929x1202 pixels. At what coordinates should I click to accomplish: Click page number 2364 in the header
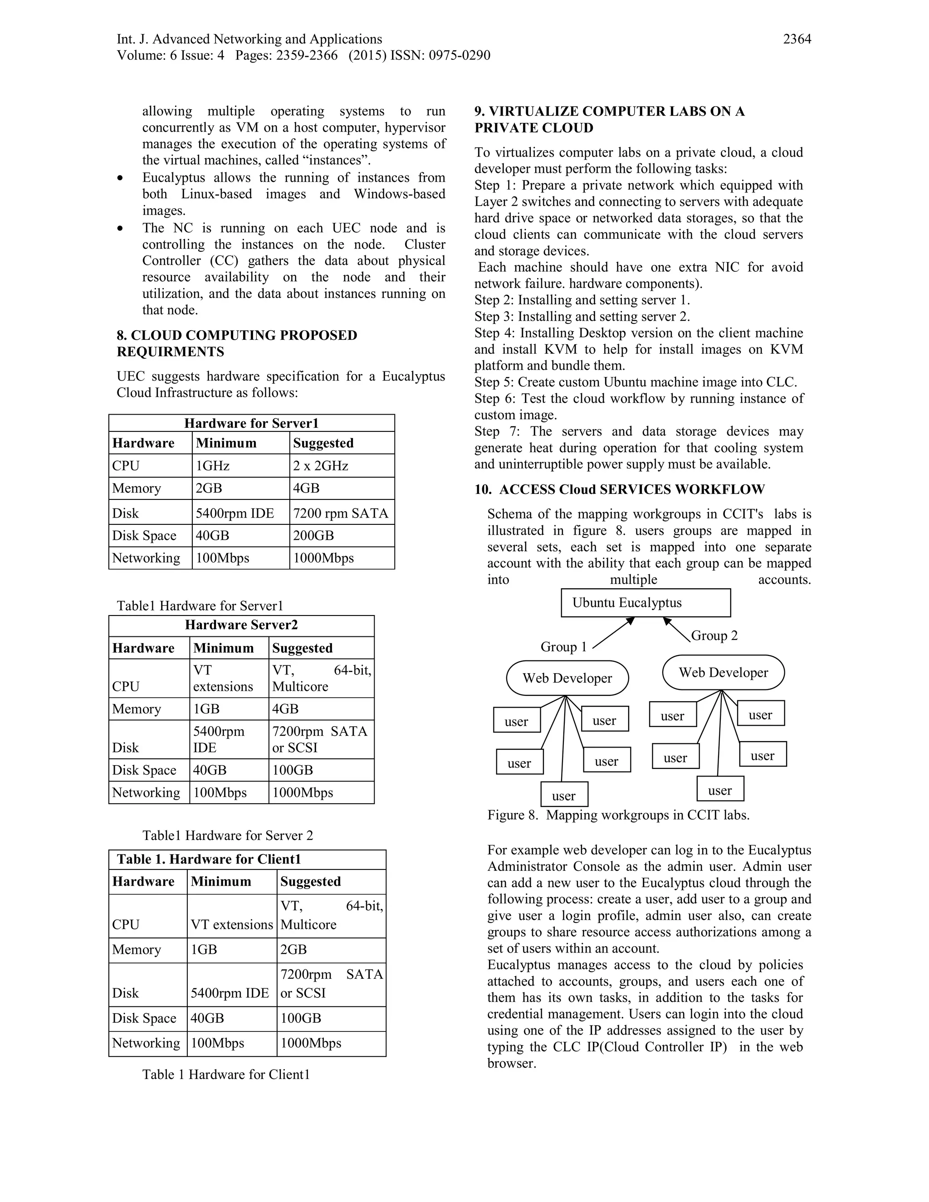tap(797, 39)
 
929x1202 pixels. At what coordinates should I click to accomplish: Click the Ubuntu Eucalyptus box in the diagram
tap(645, 603)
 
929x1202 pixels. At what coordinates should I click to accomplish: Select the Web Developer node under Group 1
tap(567, 678)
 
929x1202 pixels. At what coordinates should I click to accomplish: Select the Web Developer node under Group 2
tap(723, 673)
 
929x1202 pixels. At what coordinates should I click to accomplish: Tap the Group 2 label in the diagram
tap(714, 635)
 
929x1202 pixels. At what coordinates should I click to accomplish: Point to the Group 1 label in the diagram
tap(563, 647)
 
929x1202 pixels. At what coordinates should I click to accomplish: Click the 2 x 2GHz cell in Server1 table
tap(320, 466)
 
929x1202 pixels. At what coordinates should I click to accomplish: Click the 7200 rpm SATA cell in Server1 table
tap(340, 513)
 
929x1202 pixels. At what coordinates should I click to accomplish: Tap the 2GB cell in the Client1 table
tap(293, 949)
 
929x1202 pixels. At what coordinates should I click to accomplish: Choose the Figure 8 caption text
tap(618, 815)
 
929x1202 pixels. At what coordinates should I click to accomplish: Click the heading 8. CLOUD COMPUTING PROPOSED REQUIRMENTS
tap(237, 343)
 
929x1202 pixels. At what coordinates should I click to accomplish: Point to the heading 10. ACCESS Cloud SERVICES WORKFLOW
tap(619, 489)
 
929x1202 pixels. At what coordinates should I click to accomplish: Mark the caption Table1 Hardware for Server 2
tap(227, 836)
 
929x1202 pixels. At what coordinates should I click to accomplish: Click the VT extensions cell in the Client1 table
tap(231, 924)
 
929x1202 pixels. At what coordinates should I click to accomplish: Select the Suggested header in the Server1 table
tap(323, 443)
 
